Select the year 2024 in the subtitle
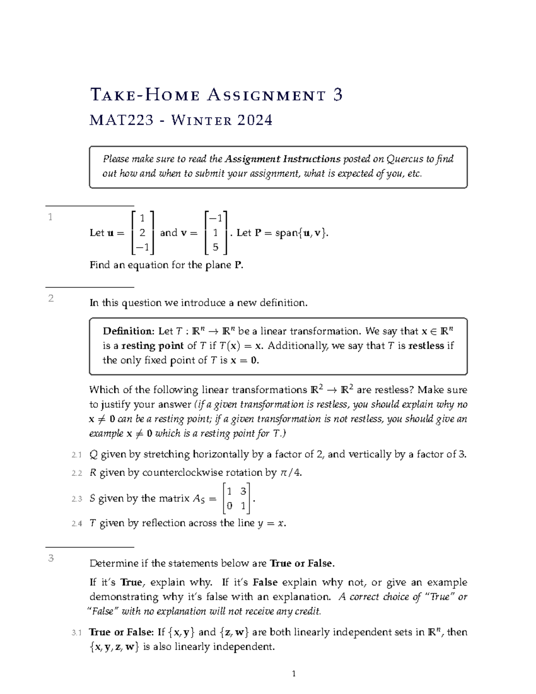(255, 120)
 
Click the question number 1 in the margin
(50, 218)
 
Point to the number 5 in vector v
(215, 247)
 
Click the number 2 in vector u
(142, 233)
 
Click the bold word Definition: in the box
(128, 331)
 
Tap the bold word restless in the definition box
(427, 345)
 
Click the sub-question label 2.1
(77, 455)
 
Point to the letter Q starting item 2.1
(93, 454)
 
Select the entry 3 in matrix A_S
(243, 492)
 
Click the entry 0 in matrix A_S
(229, 506)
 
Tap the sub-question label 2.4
(77, 524)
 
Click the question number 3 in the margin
(51, 558)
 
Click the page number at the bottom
(293, 674)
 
